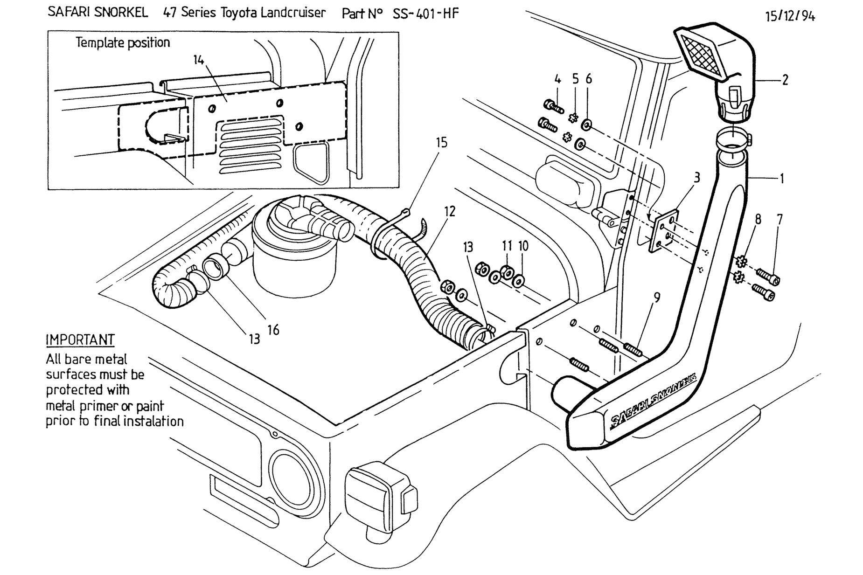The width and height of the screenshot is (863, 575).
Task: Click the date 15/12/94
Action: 790,16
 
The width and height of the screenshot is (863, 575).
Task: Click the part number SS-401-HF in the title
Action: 425,14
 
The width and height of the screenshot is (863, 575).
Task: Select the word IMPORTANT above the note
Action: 80,339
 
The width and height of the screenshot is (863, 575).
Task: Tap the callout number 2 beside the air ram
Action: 785,80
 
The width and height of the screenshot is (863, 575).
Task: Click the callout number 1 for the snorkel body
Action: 782,178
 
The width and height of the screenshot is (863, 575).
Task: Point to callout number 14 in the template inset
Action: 199,60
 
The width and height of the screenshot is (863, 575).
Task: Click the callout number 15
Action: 441,143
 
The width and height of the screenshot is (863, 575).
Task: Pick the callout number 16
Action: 273,330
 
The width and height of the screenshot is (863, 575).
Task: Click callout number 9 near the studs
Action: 657,297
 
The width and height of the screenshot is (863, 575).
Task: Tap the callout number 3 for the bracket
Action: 696,177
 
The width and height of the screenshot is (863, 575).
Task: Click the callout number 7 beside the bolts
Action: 779,219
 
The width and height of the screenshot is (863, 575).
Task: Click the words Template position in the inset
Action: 123,43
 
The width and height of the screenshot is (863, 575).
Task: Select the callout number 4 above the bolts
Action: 557,79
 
